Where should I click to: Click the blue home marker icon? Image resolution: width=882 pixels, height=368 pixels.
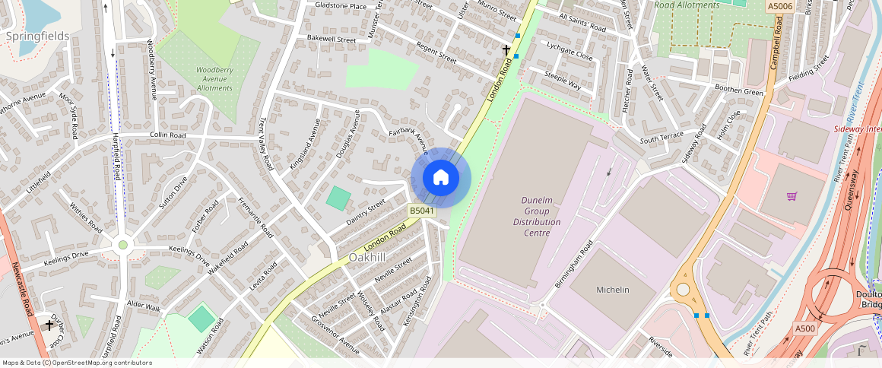coord(441,178)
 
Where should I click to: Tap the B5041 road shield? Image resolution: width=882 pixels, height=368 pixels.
coord(422,211)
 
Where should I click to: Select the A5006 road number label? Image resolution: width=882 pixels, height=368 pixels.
coord(781,6)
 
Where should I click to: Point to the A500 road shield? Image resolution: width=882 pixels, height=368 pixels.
coord(805,328)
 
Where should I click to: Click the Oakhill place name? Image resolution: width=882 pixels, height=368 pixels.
coord(368,258)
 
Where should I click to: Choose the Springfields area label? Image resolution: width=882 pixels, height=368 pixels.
coord(37,36)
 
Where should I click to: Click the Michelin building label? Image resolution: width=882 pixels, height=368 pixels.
coord(613,290)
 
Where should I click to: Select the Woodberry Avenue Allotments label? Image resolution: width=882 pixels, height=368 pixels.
coord(214,79)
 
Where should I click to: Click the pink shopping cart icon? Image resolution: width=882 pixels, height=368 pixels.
coord(792,196)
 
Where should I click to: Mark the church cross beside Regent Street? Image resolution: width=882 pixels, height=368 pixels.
coord(506,50)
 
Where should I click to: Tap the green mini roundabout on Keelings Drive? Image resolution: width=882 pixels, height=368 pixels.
coord(122,244)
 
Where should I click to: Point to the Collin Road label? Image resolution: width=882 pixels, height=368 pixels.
coord(167,135)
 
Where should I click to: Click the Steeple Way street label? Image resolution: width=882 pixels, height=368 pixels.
coord(563,81)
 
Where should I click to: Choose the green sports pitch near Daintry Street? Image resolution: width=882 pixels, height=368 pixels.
coord(339,198)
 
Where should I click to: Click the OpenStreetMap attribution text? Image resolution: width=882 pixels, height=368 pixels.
coord(77,363)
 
